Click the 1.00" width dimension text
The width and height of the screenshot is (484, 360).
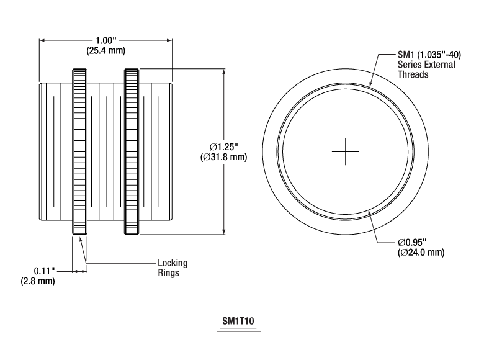(105, 40)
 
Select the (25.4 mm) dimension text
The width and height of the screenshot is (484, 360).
(105, 50)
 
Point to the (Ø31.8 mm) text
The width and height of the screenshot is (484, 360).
(224, 157)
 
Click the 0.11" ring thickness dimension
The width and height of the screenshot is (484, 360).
(45, 271)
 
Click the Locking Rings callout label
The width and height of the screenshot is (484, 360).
(172, 268)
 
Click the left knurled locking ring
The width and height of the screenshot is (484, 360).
(79, 151)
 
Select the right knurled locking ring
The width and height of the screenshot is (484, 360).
(131, 151)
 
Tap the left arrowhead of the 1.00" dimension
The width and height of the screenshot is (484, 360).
(42, 40)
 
